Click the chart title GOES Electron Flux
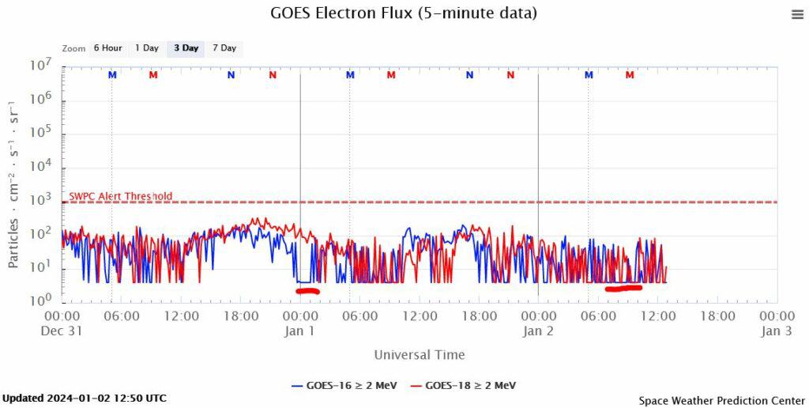click(404, 13)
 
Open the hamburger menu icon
click(797, 14)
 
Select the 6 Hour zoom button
click(107, 48)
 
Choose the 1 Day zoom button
click(147, 48)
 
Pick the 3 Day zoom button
click(186, 48)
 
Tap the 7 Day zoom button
click(224, 48)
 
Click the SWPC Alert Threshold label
click(121, 196)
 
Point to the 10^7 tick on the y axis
click(41, 66)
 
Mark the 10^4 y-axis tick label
click(41, 166)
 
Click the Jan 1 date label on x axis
click(300, 331)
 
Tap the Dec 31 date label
click(62, 331)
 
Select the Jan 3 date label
click(777, 331)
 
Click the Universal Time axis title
click(420, 355)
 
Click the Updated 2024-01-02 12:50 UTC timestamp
click(85, 398)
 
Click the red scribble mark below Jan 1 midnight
click(307, 291)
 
